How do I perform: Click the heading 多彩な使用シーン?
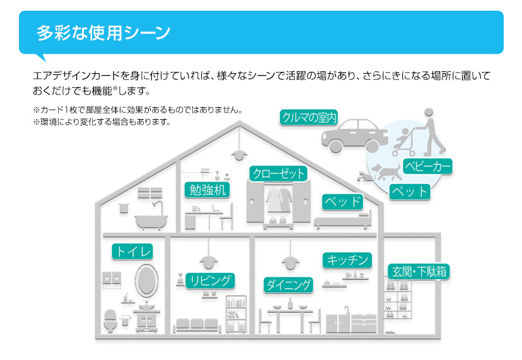pyautogui.click(x=103, y=33)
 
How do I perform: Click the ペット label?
pyautogui.click(x=409, y=191)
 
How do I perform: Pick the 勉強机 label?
pyautogui.click(x=207, y=190)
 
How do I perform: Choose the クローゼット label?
pyautogui.click(x=278, y=173)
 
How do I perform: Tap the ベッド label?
pyautogui.click(x=343, y=202)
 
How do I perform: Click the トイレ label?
pyautogui.click(x=132, y=252)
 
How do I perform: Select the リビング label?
pyautogui.click(x=211, y=281)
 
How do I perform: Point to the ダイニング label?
pyautogui.click(x=288, y=284)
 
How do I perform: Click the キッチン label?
pyautogui.click(x=347, y=260)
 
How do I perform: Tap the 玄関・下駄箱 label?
pyautogui.click(x=419, y=272)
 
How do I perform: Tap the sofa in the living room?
pyautogui.click(x=198, y=324)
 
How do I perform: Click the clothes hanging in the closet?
pyautogui.click(x=278, y=202)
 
